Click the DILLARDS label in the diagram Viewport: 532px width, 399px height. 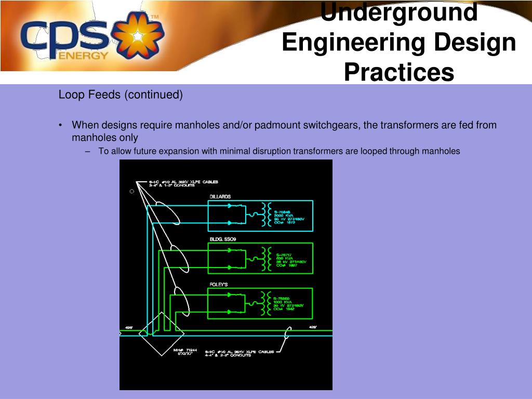point(220,197)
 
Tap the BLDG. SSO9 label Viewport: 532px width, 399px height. point(222,239)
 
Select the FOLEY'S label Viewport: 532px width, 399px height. point(219,285)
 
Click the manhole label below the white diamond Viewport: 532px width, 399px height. point(184,353)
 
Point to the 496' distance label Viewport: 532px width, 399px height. point(128,328)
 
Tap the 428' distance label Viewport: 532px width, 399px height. point(313,327)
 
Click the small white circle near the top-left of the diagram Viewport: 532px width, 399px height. point(132,191)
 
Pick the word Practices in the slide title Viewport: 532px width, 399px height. point(398,72)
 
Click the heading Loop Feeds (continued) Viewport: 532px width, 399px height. point(121,95)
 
